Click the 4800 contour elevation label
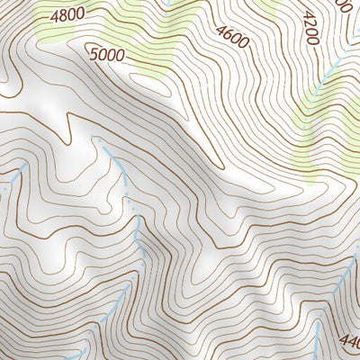(67, 14)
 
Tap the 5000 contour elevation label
(107, 55)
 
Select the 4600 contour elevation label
(231, 35)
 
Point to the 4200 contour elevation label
(311, 28)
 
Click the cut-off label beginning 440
(350, 341)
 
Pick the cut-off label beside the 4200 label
(346, 4)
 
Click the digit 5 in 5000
(94, 52)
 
